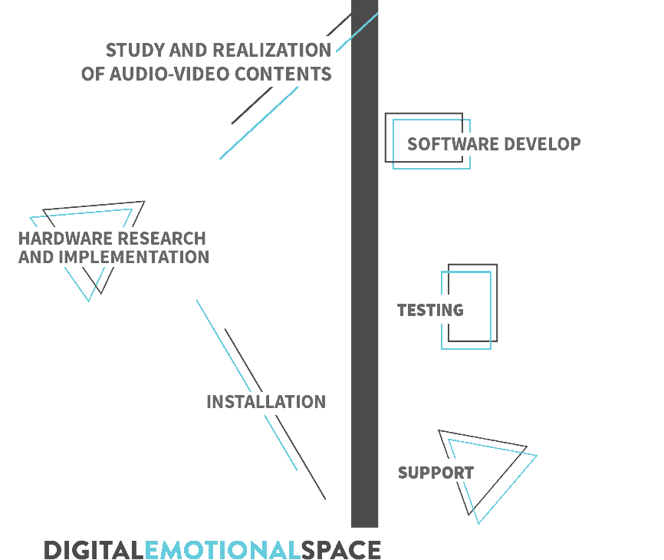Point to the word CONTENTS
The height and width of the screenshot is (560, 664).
[283, 74]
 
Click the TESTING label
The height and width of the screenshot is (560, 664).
[430, 310]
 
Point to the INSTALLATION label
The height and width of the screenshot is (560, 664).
[266, 402]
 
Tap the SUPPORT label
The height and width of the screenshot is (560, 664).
[436, 473]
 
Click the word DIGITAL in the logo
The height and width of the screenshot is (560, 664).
[94, 550]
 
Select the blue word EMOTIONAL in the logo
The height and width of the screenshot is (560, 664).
[223, 550]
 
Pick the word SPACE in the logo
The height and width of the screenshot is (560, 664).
[341, 550]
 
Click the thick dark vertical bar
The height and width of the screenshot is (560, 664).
[365, 263]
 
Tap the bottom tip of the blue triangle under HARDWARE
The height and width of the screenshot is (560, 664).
[88, 301]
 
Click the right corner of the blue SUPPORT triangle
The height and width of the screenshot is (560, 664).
[537, 456]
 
